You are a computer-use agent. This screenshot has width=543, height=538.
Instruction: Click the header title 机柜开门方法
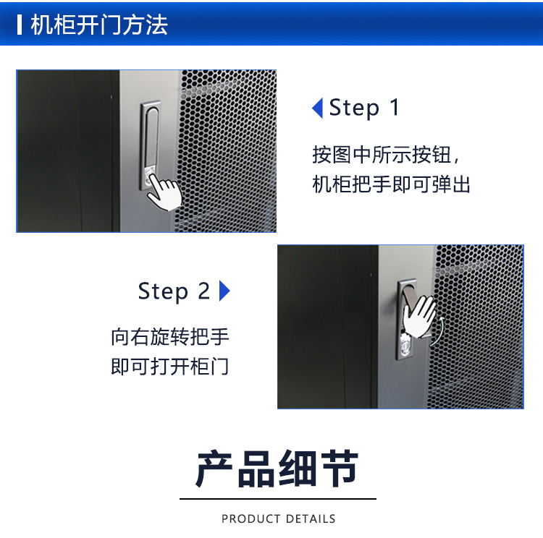pyautogui.click(x=99, y=25)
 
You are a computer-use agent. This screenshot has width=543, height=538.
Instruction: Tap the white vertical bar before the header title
pyautogui.click(x=20, y=25)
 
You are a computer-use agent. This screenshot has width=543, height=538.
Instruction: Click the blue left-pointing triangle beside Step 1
pyautogui.click(x=318, y=108)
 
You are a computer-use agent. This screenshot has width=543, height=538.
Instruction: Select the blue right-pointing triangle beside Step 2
pyautogui.click(x=224, y=291)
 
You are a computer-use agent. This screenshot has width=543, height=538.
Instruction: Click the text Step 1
pyautogui.click(x=364, y=108)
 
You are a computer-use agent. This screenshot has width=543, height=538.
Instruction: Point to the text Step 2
pyautogui.click(x=174, y=291)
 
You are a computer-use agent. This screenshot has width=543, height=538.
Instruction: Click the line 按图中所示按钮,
pyautogui.click(x=386, y=154)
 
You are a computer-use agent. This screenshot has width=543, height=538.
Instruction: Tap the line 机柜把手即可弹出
pyautogui.click(x=391, y=184)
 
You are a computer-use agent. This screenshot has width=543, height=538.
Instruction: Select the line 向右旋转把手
pyautogui.click(x=170, y=337)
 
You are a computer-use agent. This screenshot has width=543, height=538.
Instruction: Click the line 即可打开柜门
pyautogui.click(x=170, y=367)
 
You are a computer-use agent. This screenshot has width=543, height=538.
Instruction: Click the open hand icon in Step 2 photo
pyautogui.click(x=419, y=317)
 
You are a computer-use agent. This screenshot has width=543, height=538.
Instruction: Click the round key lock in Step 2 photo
pyautogui.click(x=405, y=344)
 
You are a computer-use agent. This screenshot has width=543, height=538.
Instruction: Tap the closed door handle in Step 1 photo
pyautogui.click(x=151, y=145)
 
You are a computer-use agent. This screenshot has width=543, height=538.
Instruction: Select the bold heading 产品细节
pyautogui.click(x=277, y=469)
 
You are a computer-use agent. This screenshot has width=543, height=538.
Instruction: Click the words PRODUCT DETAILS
pyautogui.click(x=279, y=518)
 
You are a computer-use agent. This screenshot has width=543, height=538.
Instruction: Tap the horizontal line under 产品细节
pyautogui.click(x=278, y=499)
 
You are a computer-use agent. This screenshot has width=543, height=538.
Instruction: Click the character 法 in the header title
pyautogui.click(x=156, y=25)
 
